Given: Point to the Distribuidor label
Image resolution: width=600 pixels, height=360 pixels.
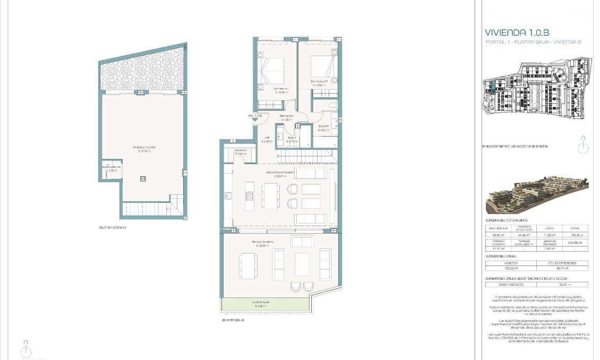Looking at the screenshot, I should pos(287,116).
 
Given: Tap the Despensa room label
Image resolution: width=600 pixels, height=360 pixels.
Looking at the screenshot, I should pos(241,150).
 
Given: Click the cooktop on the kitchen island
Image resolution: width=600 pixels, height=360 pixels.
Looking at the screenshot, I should pos(249,196).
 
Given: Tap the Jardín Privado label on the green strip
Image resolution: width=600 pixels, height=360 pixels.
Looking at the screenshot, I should pos(261,302).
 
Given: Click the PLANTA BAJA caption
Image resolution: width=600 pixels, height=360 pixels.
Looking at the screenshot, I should pos(234,320).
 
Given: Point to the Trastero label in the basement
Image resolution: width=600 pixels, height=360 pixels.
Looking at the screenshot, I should pos(144,148).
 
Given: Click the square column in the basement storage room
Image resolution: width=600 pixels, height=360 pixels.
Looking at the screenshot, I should pos(143,179).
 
